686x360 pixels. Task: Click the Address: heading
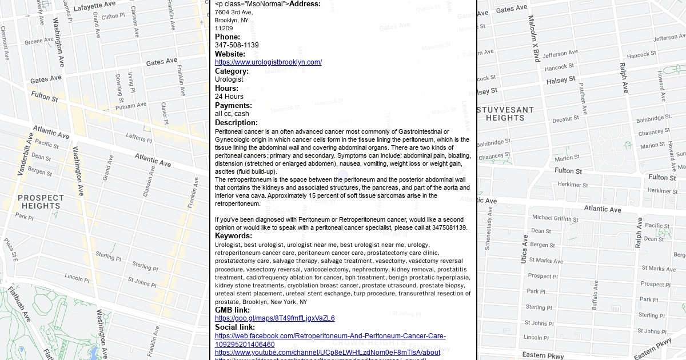click(x=305, y=4)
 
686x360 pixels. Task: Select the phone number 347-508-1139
click(x=237, y=45)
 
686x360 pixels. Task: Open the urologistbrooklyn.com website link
click(x=268, y=62)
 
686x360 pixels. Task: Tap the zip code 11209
click(x=224, y=28)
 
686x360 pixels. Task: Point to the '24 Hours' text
click(x=229, y=97)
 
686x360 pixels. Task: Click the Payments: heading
click(x=233, y=105)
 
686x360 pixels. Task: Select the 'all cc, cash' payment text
click(x=232, y=114)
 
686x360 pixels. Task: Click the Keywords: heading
click(x=233, y=235)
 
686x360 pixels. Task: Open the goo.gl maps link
click(x=274, y=318)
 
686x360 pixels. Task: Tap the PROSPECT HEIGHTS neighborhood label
click(x=41, y=202)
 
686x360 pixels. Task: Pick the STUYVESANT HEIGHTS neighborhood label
click(x=505, y=114)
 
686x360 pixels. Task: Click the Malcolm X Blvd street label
click(x=534, y=39)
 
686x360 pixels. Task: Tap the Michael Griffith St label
click(x=555, y=218)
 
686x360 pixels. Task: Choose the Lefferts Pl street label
click(x=139, y=137)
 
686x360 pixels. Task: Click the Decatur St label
click(x=565, y=119)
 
